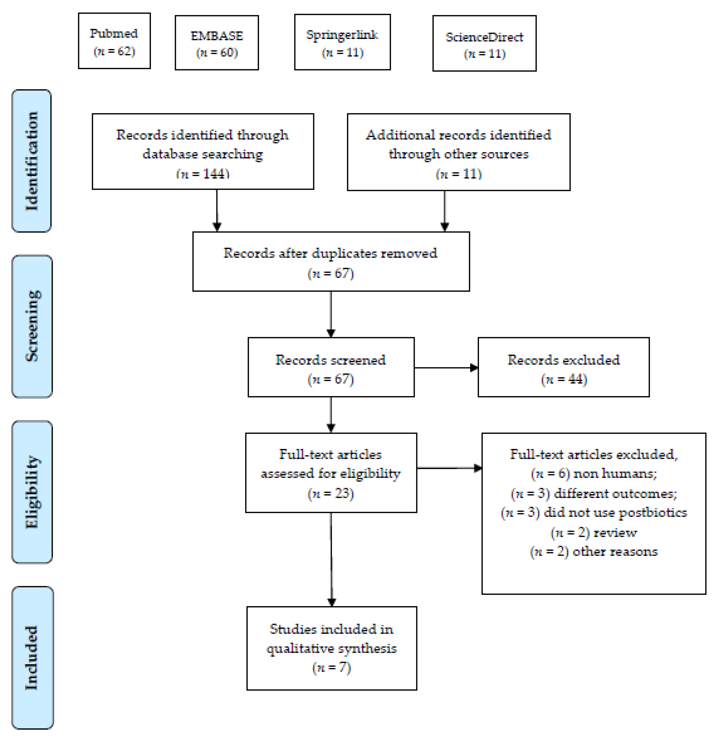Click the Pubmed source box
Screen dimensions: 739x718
click(114, 41)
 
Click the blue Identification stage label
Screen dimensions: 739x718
click(32, 161)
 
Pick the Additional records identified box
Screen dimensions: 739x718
click(458, 152)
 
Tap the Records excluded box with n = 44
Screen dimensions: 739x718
click(563, 367)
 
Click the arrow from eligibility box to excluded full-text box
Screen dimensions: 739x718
click(449, 468)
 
